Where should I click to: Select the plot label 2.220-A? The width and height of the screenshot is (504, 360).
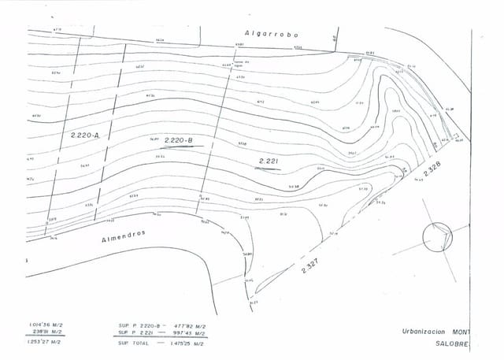(x=84, y=135)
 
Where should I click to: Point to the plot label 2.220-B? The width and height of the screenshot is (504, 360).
(x=179, y=139)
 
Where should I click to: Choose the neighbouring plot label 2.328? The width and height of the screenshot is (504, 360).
(x=432, y=167)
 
